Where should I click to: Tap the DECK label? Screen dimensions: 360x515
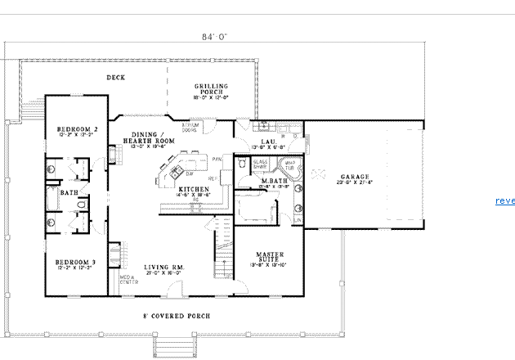pyautogui.click(x=115, y=78)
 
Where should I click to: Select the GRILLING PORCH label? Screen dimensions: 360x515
pyautogui.click(x=211, y=88)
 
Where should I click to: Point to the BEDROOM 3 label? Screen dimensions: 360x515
pyautogui.click(x=77, y=262)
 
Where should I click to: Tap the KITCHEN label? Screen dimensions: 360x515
pyautogui.click(x=195, y=189)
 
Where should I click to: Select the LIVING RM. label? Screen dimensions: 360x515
pyautogui.click(x=162, y=267)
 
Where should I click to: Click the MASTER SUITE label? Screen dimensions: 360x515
pyautogui.click(x=269, y=257)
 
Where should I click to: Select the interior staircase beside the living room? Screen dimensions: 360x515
pyautogui.click(x=222, y=245)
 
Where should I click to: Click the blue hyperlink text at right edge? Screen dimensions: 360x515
pyautogui.click(x=504, y=201)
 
